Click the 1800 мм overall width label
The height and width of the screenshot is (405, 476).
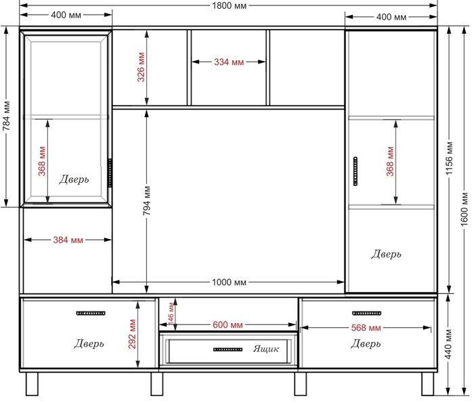[229, 6]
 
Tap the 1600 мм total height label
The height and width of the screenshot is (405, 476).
[464, 209]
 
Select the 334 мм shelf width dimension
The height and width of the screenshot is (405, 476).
[229, 62]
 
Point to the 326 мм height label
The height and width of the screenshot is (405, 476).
[141, 67]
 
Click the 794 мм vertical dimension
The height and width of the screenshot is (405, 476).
[147, 200]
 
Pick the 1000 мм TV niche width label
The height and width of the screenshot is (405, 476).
[229, 282]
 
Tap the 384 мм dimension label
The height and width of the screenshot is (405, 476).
[68, 240]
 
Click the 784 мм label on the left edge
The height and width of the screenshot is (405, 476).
[6, 116]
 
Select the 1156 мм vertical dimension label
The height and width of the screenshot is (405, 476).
[450, 158]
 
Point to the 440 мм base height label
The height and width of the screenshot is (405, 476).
[449, 344]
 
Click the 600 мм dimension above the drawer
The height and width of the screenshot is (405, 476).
[228, 325]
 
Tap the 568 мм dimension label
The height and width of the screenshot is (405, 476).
[366, 328]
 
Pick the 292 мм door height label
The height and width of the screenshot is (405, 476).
[132, 334]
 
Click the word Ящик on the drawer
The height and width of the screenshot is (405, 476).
[266, 349]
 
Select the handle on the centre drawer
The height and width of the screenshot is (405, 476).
[228, 349]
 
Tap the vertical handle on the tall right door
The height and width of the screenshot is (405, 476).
[355, 171]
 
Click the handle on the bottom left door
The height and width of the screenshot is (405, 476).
[91, 314]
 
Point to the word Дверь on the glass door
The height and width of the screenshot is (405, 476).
[74, 179]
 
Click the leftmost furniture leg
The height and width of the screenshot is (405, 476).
[32, 384]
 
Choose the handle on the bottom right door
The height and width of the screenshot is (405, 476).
[366, 314]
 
